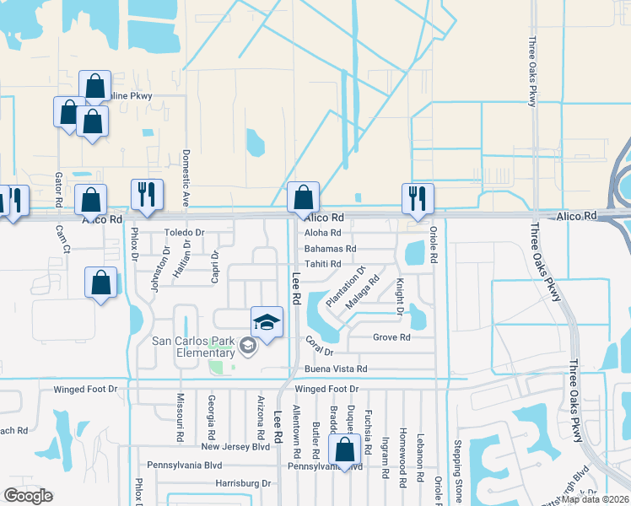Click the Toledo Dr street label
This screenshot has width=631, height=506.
[x=185, y=232]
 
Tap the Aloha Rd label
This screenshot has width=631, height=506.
[x=323, y=233]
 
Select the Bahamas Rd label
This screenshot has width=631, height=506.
[x=331, y=249]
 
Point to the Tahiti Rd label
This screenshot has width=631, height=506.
[x=323, y=264]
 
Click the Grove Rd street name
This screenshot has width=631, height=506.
[x=391, y=337]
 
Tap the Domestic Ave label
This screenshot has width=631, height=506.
[x=186, y=178]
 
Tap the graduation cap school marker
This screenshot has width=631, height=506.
[x=267, y=322]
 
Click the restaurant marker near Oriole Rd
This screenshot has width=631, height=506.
[x=418, y=198]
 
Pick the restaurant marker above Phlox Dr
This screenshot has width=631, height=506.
[x=146, y=195]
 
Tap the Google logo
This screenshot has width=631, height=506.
[x=29, y=496]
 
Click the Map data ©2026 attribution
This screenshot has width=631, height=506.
[x=595, y=499]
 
